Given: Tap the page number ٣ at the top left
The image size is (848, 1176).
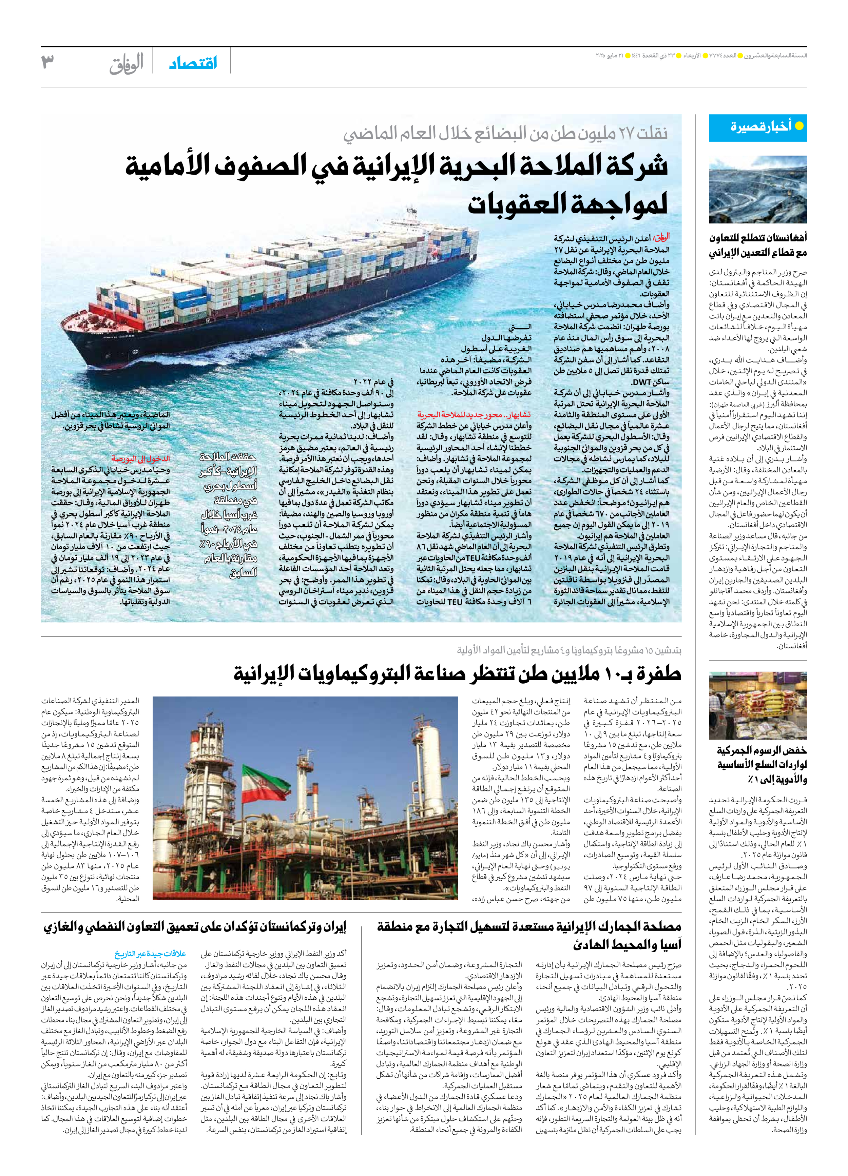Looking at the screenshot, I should point(48,61).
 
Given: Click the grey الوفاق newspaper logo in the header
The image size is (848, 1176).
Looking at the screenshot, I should point(126,64).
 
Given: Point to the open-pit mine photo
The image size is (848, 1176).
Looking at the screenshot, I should point(757,190).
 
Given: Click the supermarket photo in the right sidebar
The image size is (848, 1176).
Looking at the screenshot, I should point(757,705).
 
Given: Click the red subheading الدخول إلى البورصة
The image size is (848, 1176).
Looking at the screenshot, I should point(140,458).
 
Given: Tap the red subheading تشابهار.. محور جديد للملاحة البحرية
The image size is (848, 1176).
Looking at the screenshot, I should point(474,415).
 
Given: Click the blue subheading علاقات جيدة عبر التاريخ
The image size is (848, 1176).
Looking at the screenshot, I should point(150,954).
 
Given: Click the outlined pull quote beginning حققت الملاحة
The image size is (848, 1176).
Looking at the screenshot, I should point(228,513).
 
